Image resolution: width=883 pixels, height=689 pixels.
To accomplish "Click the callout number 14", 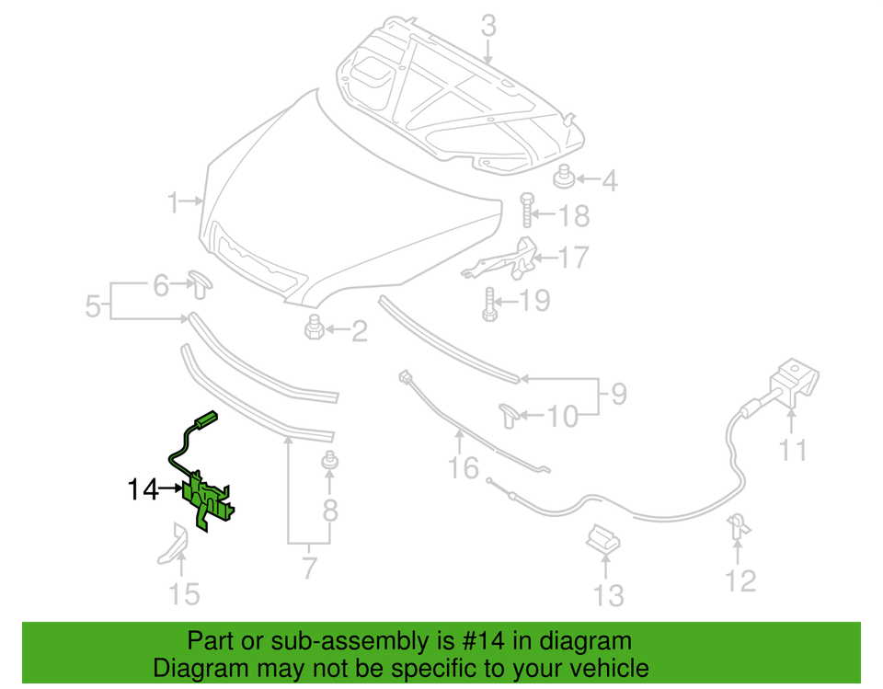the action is click(143, 489).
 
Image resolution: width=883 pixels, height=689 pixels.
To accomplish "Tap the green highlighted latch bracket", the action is click(207, 500).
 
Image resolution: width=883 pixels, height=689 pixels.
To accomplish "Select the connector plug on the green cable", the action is click(205, 420).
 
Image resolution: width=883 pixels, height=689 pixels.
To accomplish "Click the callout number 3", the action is click(488, 27).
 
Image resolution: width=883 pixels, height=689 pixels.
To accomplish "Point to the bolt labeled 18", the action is click(527, 210).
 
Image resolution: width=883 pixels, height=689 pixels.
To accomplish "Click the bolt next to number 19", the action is click(489, 304).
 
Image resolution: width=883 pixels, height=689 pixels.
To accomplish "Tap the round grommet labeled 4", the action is click(563, 177).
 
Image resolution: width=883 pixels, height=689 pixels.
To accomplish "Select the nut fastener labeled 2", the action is click(315, 327).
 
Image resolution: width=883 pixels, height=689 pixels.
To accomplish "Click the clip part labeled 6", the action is click(201, 284).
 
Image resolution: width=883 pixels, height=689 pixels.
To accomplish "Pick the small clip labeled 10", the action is click(509, 415).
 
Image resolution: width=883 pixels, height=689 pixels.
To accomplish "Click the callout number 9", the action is click(619, 393).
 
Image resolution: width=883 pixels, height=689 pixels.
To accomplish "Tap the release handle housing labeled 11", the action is click(794, 382).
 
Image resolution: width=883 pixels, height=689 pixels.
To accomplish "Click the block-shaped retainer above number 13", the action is click(602, 539).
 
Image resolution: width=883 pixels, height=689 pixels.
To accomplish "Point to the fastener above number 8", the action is click(329, 461).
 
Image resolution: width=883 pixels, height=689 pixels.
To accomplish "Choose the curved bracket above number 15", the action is click(175, 544).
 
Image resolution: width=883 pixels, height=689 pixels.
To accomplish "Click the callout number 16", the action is click(463, 468).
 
